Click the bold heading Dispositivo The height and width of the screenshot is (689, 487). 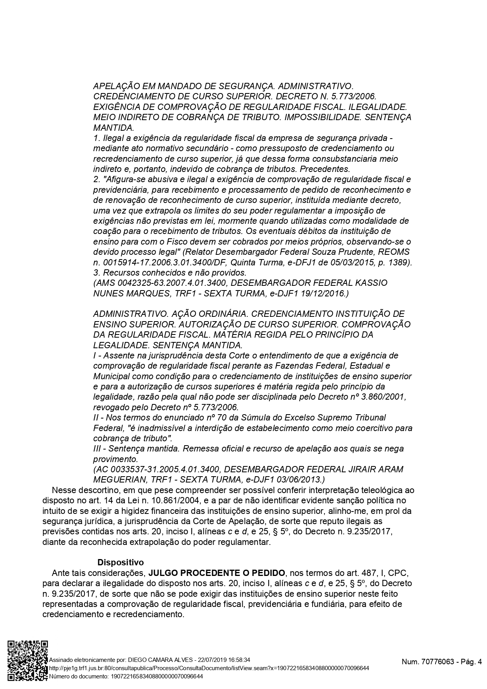[x=121, y=562]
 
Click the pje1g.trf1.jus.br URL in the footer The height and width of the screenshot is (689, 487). [x=209, y=668]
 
